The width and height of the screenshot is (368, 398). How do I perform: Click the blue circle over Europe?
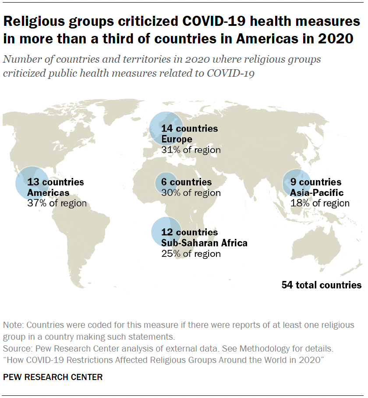[167, 128]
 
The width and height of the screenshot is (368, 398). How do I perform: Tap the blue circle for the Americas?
[32, 183]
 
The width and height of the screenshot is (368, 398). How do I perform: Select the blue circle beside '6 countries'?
[166, 182]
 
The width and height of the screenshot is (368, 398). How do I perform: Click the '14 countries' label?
[189, 129]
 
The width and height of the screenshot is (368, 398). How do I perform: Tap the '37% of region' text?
[57, 203]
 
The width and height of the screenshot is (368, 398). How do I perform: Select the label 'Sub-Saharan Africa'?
[204, 243]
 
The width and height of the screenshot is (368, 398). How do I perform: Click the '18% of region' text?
[320, 203]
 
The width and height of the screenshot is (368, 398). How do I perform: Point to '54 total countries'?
[322, 285]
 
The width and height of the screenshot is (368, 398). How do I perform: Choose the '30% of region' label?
[191, 193]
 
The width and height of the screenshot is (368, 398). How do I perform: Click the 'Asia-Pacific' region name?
[317, 193]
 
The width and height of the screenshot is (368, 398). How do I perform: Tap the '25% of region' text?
[191, 253]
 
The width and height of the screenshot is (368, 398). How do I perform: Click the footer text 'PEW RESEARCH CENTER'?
[53, 377]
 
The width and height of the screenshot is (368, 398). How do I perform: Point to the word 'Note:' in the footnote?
[14, 326]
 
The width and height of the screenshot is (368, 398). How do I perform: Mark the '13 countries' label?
[55, 182]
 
